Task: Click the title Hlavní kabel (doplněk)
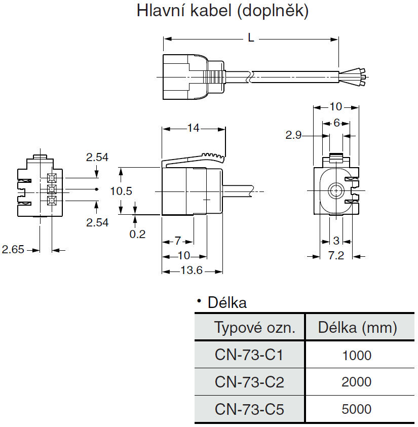[222, 11]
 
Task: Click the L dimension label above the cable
[251, 38]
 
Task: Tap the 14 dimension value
[193, 128]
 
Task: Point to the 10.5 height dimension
[121, 191]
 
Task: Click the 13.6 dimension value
[192, 271]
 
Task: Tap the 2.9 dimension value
[294, 135]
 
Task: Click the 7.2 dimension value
[336, 255]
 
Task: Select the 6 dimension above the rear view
[336, 123]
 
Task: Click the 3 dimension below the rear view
[336, 241]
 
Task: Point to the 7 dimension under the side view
[178, 240]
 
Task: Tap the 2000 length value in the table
[357, 381]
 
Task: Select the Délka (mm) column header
[357, 328]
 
